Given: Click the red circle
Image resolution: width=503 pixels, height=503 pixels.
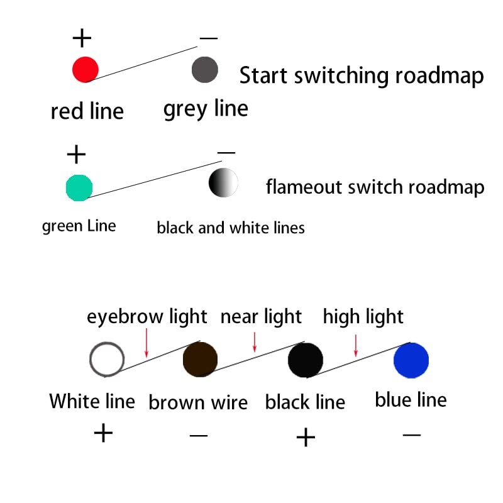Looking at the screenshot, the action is pos(86,70).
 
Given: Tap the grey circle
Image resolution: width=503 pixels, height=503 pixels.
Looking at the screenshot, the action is pos(205,70).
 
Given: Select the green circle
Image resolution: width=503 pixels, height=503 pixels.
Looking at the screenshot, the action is pos(79,188).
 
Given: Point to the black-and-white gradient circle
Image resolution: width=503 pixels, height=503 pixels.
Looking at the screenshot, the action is pos(223,182).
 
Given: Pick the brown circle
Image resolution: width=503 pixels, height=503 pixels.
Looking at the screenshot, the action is pos(200,359).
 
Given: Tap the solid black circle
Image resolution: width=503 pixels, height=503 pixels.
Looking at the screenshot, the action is pos(306,360).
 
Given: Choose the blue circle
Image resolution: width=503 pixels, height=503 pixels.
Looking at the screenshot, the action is pos(411,360).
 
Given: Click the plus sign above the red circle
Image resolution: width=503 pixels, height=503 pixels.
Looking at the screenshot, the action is pos(82,38).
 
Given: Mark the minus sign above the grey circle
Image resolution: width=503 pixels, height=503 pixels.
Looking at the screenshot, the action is pos(209,38).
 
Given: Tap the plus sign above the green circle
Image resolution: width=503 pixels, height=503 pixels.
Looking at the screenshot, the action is pos(76,154).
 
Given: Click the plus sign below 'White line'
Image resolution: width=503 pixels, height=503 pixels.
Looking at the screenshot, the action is pos(103,433).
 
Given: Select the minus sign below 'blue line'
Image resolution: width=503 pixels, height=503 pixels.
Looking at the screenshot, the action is pos(412,435).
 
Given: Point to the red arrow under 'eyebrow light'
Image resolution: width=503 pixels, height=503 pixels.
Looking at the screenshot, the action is pos(146,343).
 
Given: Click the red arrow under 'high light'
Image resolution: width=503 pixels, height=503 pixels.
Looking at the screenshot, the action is pos(356,345).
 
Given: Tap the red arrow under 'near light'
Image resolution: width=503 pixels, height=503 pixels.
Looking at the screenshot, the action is pos(255,342).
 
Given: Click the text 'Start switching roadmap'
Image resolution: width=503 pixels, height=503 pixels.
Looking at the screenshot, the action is pos(362,75).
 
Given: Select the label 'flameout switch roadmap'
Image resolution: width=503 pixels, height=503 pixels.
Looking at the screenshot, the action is pos(375,187).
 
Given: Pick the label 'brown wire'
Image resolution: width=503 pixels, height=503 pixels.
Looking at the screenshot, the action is pos(198,402).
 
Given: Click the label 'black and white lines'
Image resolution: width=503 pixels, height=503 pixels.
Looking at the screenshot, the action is pos(231,228).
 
